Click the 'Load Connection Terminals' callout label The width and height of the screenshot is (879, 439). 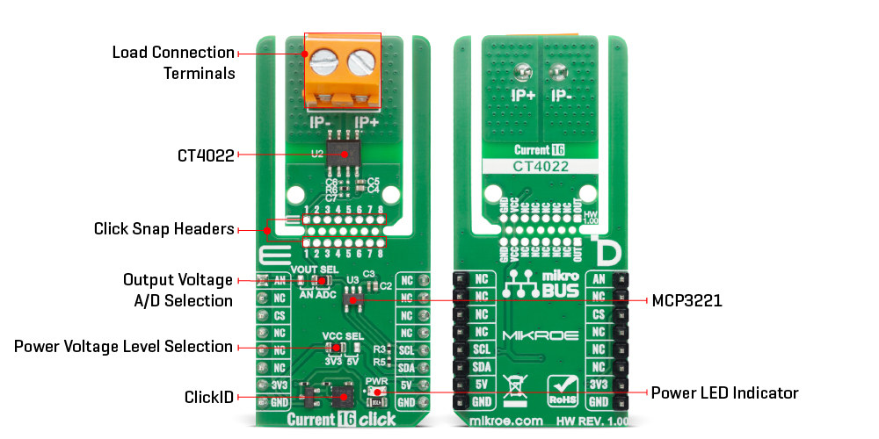tap(173, 63)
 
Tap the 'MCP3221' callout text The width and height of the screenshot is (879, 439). tap(686, 300)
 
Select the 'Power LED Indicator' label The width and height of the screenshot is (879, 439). tap(724, 392)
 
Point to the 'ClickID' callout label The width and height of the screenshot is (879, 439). tap(209, 398)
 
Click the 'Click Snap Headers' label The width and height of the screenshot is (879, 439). tap(164, 229)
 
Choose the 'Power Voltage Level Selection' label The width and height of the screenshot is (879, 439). tap(123, 347)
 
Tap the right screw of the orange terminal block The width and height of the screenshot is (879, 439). tap(361, 62)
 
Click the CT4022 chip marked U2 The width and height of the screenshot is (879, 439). tap(344, 154)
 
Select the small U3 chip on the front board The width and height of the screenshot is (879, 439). tap(354, 299)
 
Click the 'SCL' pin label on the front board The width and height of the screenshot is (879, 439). tap(406, 349)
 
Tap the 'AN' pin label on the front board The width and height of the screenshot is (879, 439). tap(280, 280)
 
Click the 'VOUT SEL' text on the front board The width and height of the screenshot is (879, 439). tap(315, 269)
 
